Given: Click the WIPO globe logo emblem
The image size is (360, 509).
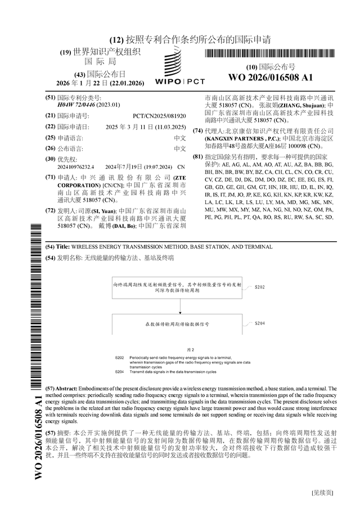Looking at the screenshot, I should coord(173,61).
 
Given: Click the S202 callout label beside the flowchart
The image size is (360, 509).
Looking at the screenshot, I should coord(259,287).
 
